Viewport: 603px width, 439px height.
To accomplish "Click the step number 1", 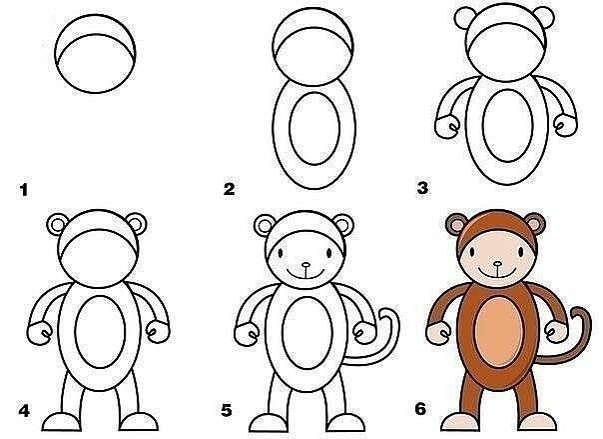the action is tap(24, 190).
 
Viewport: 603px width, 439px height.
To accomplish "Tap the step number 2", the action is tap(230, 189).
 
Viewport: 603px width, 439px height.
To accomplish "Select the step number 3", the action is tap(422, 188).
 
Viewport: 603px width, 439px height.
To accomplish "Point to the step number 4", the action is tap(24, 411).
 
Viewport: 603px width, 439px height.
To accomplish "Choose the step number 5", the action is tap(227, 411).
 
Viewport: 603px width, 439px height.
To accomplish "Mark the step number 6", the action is tap(420, 409).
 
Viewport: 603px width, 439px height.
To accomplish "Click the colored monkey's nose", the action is tap(497, 264).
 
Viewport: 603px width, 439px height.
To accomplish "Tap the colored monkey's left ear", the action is tap(456, 224).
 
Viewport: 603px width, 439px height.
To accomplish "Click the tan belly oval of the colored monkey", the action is tap(499, 332).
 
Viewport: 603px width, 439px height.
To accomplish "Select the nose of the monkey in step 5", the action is tap(305, 265).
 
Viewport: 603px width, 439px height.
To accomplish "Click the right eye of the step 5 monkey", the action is tap(329, 253).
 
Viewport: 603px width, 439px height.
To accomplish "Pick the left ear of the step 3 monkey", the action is tap(464, 18).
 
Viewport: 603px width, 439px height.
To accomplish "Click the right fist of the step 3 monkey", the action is tap(565, 125).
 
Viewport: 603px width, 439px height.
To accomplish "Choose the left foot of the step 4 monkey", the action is tap(61, 422).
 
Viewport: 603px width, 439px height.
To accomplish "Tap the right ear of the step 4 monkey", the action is tap(137, 224).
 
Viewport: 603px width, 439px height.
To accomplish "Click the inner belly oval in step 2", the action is tap(314, 128).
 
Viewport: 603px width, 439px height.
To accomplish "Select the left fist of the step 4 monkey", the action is tap(40, 333).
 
